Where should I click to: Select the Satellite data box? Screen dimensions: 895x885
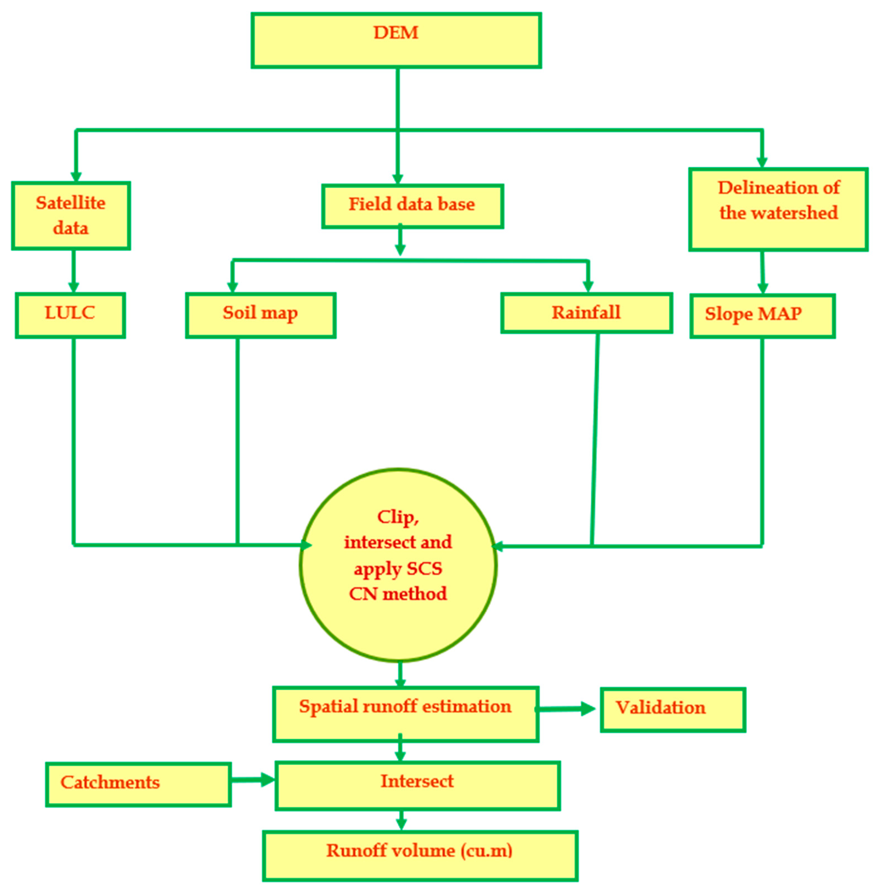point(71,216)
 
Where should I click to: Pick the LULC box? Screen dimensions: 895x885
point(70,315)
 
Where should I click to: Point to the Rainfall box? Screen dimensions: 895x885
point(586,313)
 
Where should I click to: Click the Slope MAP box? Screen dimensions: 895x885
point(762,316)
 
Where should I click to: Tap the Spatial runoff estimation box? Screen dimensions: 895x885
point(406,714)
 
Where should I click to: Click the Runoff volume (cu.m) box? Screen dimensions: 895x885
point(420,855)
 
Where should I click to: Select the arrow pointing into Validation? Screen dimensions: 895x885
point(567,709)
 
